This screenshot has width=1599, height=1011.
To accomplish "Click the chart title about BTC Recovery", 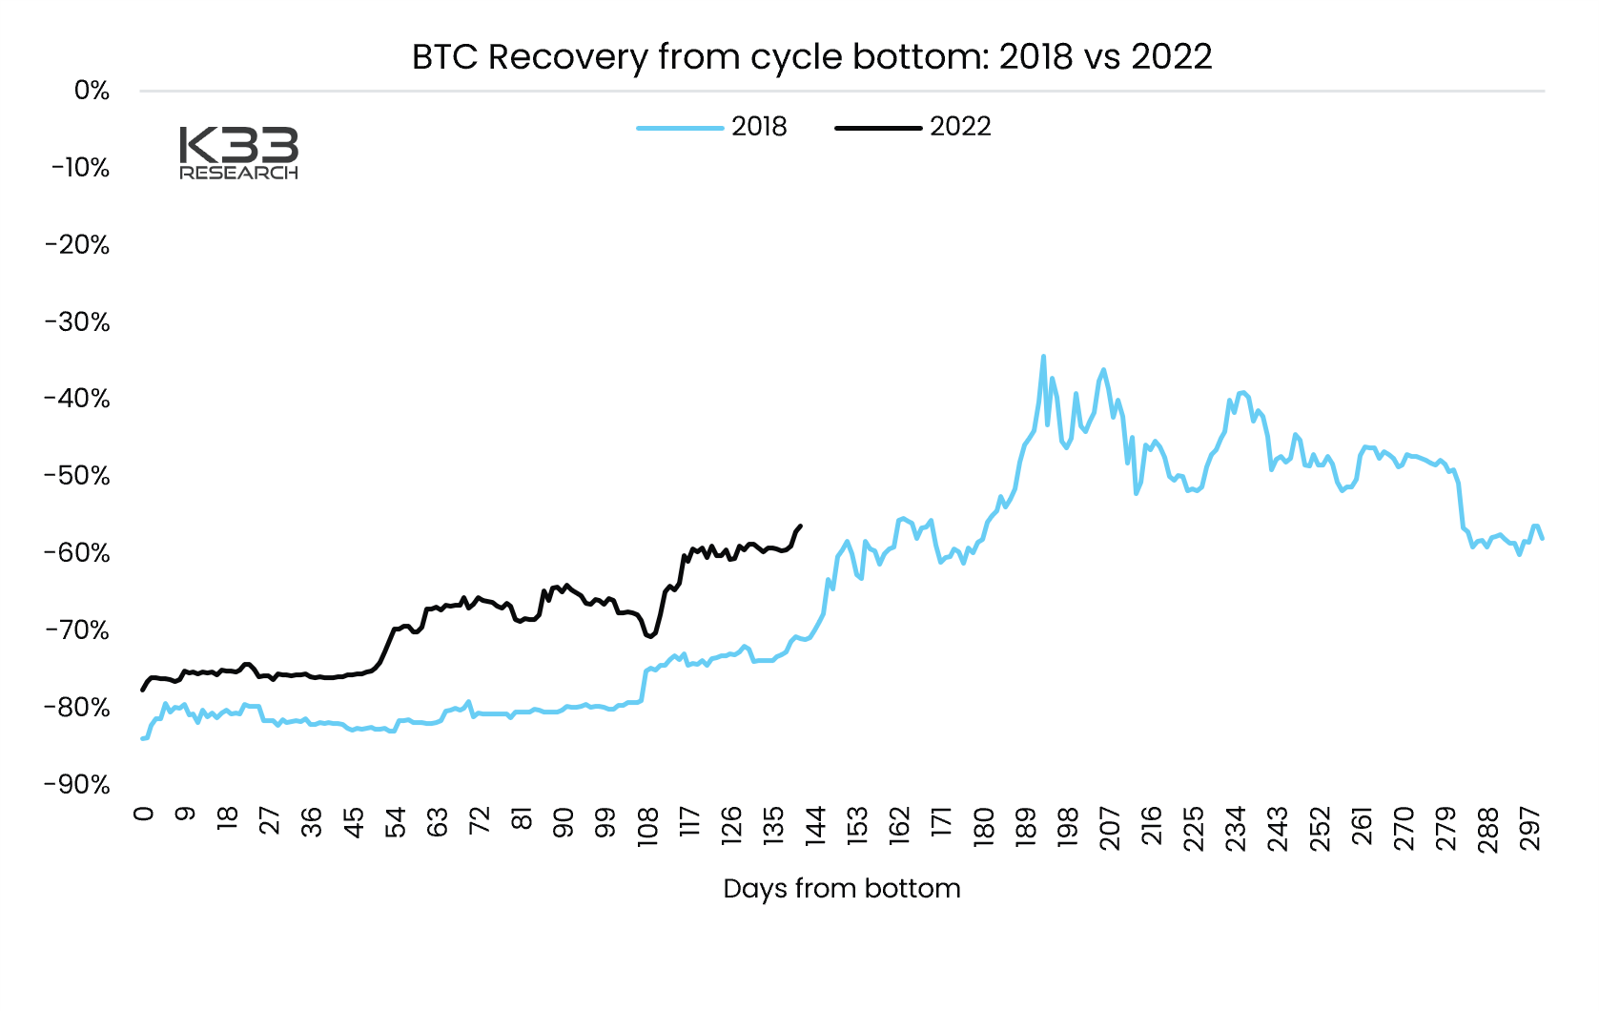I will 811,57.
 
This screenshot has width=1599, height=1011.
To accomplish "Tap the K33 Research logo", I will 238,153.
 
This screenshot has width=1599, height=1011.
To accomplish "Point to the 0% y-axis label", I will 92,91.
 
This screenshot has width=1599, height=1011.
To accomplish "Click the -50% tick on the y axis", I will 78,476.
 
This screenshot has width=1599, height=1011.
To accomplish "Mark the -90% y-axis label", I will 78,785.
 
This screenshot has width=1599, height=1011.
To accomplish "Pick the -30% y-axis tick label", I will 78,322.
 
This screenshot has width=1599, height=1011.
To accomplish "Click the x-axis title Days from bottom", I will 842,889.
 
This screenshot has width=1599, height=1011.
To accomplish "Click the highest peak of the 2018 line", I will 1043,357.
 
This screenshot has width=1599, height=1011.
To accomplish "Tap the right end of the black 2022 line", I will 800,526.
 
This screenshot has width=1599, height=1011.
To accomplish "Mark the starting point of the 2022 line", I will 142,690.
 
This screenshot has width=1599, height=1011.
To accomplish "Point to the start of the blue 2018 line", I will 142,738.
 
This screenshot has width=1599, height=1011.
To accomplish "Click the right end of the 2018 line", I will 1542,539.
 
